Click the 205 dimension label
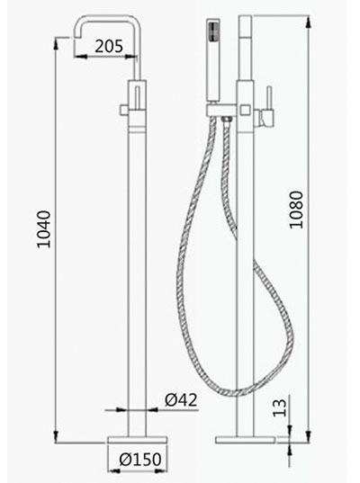coord(109,46)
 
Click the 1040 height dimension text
coord(43,229)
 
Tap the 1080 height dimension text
coord(296,210)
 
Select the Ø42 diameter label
coord(181,400)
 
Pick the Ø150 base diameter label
coord(140,460)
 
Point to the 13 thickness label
coord(280,407)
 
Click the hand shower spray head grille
coord(213,31)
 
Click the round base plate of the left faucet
coord(138,440)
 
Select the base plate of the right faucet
coord(245,440)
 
